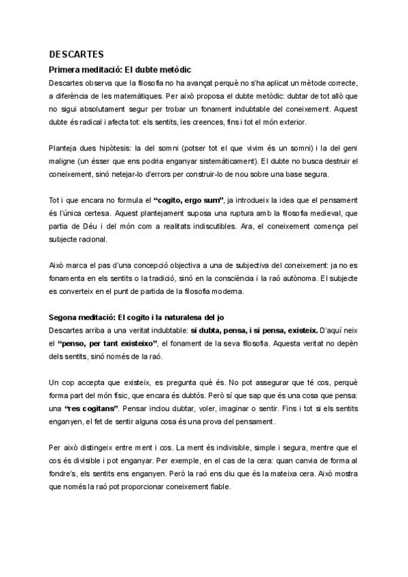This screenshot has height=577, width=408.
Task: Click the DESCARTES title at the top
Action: [76, 54]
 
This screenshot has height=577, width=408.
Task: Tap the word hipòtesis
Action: [116, 148]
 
